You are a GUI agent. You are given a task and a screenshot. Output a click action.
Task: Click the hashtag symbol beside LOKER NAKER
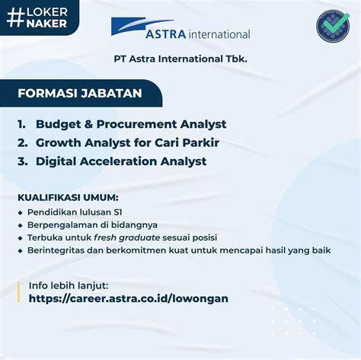click(x=16, y=18)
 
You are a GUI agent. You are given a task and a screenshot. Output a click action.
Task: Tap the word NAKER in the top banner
click(x=46, y=24)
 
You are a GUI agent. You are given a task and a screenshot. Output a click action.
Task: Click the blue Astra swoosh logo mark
click(x=142, y=26)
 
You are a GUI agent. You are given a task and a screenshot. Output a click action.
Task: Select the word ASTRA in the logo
click(x=166, y=34)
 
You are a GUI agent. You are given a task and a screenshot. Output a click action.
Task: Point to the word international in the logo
click(x=219, y=34)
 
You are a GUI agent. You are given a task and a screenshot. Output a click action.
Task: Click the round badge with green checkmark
click(x=333, y=26)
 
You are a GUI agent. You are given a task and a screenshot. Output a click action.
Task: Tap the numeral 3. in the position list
click(x=23, y=161)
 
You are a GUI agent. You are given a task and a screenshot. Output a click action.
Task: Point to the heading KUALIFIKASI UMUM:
click(x=68, y=198)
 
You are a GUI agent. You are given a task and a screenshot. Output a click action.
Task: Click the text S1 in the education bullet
click(x=118, y=212)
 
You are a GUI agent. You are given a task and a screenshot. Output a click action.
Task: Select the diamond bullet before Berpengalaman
click(x=21, y=225)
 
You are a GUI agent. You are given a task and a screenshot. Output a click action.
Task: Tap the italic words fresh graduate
click(x=127, y=238)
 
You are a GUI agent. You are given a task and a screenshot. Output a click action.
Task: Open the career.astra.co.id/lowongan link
click(x=129, y=298)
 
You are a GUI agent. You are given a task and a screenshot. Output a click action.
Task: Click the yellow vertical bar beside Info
click(x=18, y=292)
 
